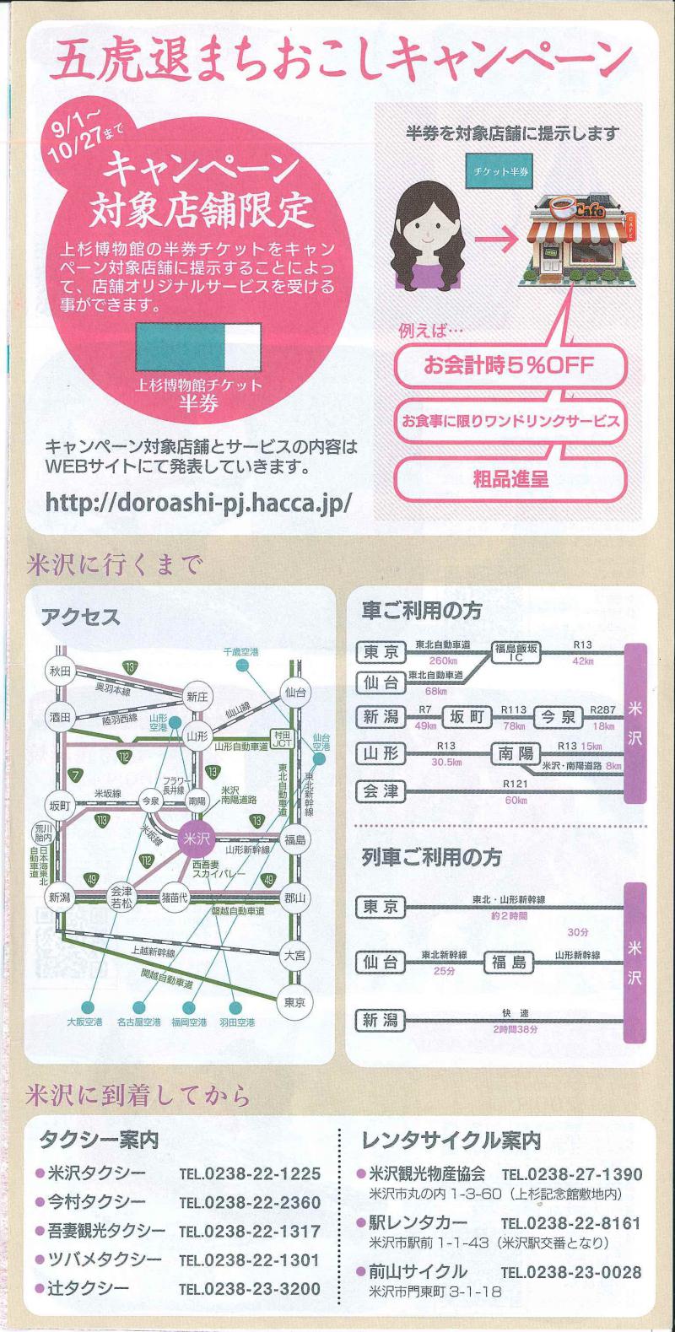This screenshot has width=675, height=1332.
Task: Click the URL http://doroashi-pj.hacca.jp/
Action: tap(198, 503)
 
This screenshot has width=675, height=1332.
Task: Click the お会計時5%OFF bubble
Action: tap(510, 364)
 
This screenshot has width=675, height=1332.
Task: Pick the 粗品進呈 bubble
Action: tap(510, 478)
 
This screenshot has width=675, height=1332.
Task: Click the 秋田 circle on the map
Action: tap(61, 671)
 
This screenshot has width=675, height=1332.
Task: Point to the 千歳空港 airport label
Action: tap(240, 652)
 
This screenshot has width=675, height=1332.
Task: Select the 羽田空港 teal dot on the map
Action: tap(236, 1007)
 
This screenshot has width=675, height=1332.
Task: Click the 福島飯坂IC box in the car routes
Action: tap(516, 653)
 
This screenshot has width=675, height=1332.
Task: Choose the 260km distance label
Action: tap(443, 661)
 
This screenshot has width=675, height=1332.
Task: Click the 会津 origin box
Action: tap(381, 791)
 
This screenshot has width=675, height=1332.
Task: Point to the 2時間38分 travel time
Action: tap(515, 1028)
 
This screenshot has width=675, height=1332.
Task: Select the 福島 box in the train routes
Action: tap(509, 963)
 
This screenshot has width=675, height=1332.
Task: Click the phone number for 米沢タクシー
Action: tap(251, 1174)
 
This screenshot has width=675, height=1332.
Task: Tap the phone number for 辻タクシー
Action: tap(251, 1289)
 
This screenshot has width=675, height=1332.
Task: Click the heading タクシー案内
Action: tap(100, 1140)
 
